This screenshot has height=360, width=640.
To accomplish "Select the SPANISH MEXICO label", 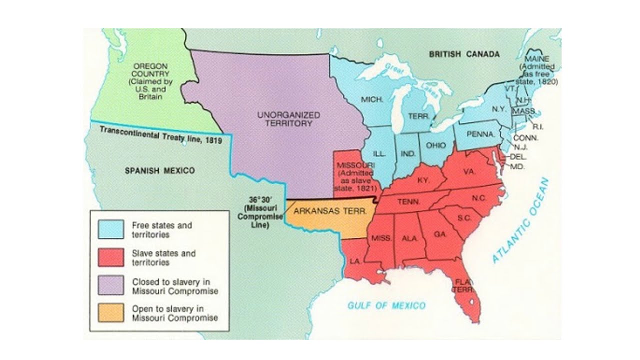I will pos(159,170).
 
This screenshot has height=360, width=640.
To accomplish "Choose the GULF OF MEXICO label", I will pos(386,305).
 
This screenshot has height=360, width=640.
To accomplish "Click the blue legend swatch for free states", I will pos(110,229).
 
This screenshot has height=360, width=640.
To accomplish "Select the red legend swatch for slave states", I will pos(110,257).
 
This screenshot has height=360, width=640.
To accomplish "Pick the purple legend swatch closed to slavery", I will pos(110,285).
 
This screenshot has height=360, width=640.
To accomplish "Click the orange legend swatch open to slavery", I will pos(110,313).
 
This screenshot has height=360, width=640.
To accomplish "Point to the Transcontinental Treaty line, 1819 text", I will pos(160,135).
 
